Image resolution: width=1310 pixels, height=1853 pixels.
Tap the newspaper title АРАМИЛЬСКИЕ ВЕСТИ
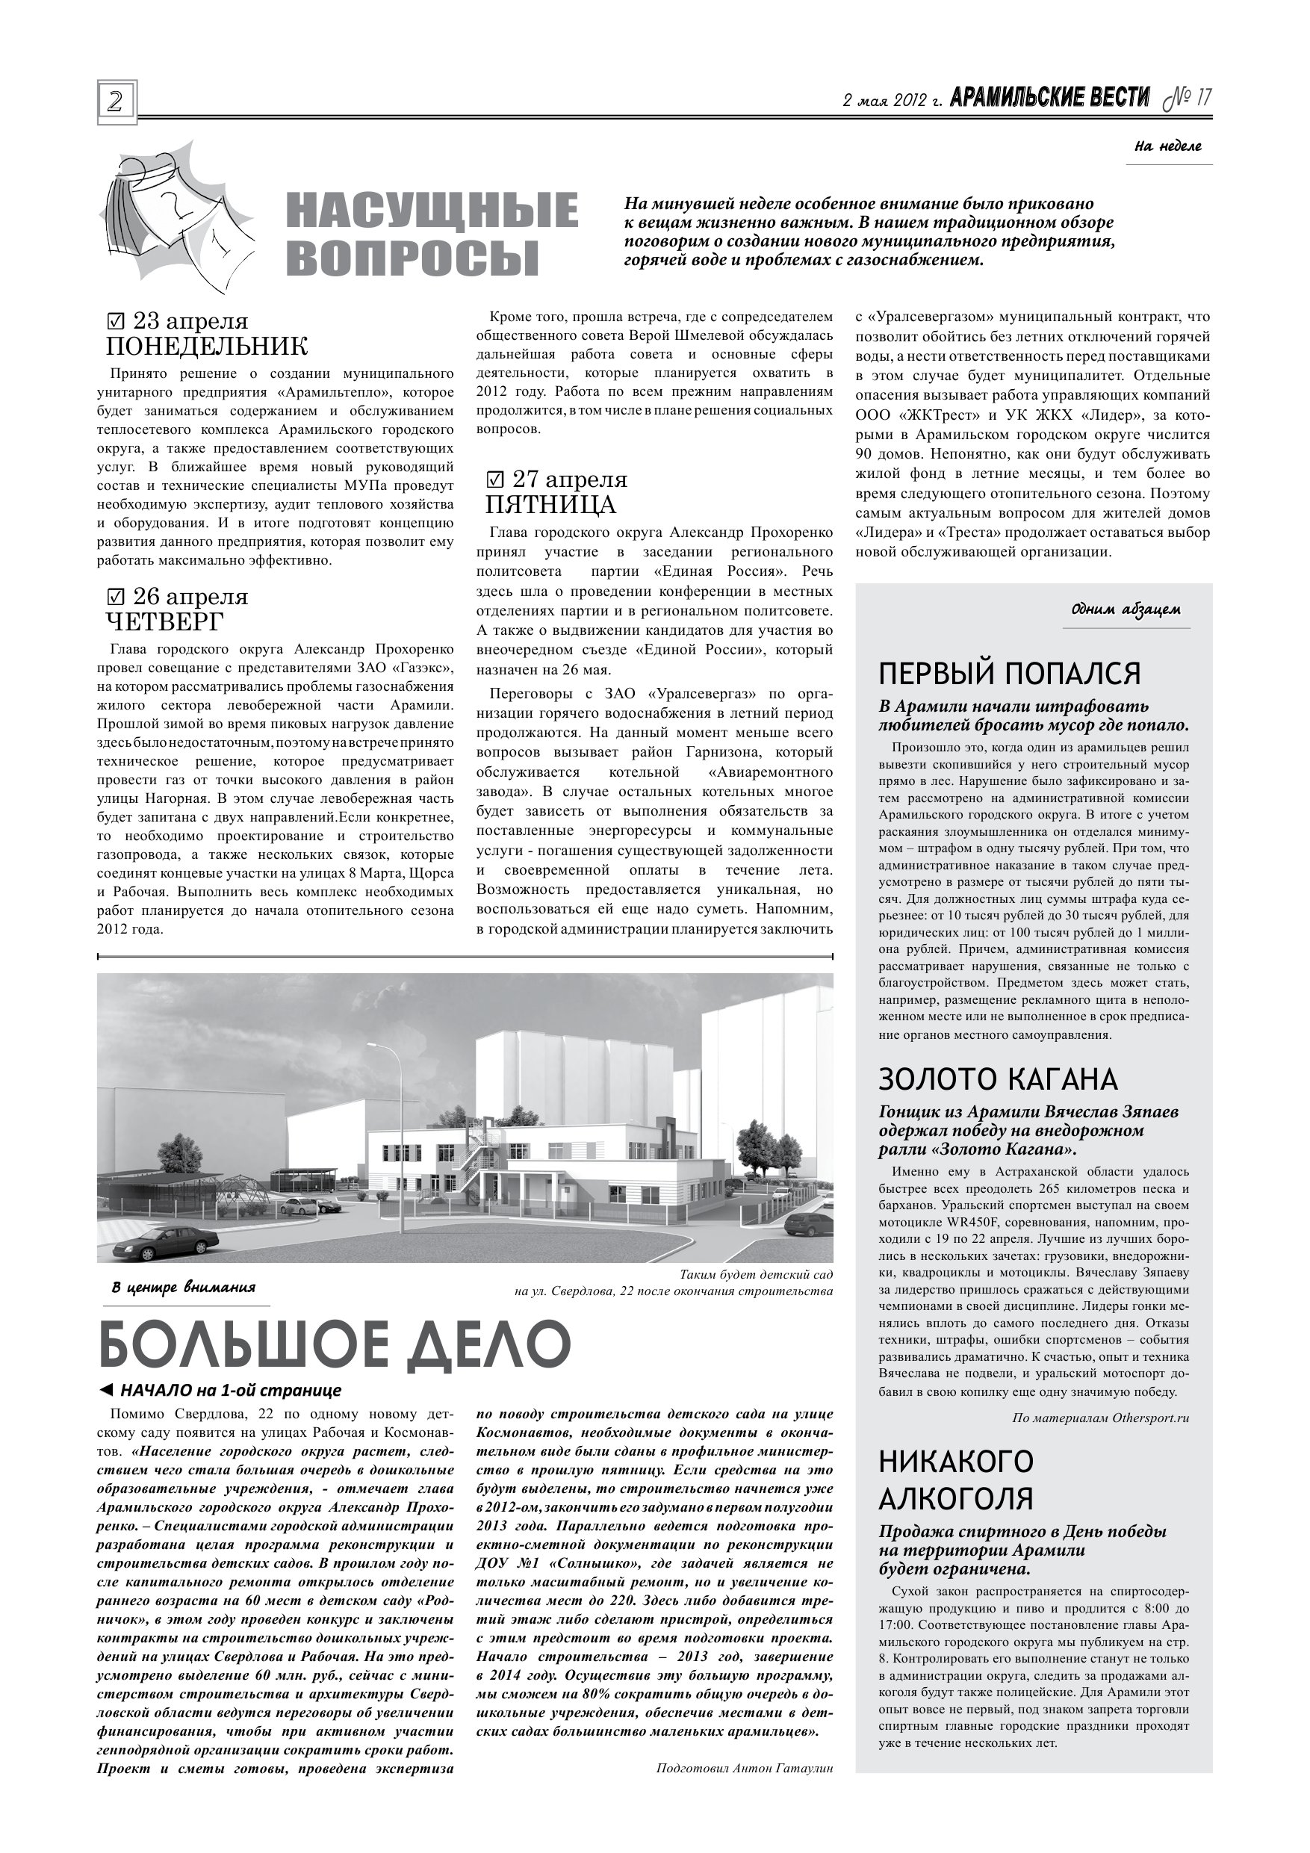1049,99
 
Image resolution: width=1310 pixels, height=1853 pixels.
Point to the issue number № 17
1188,99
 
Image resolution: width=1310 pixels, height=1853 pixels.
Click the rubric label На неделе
1167,146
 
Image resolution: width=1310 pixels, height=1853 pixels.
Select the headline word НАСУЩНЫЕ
432,212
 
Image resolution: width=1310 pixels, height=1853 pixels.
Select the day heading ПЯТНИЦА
550,505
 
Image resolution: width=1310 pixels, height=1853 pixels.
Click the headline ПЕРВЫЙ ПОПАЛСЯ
1010,673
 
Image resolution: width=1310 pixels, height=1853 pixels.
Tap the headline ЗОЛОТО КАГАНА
999,1079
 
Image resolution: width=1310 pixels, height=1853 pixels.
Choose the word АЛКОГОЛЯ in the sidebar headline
956,1499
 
